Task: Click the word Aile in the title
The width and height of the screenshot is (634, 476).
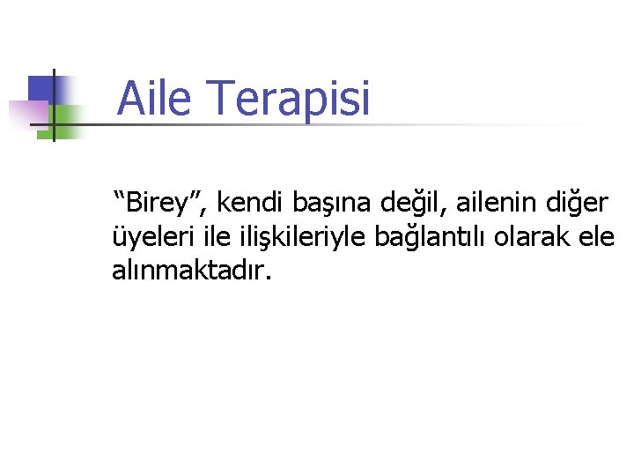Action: (x=153, y=99)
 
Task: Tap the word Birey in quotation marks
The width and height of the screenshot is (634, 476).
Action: (x=164, y=203)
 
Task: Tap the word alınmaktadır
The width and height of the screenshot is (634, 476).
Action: (x=188, y=271)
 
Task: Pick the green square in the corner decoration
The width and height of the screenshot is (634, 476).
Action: (x=66, y=116)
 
